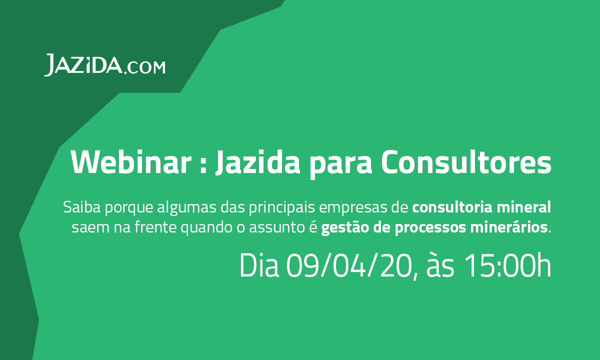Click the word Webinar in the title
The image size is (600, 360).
(131, 162)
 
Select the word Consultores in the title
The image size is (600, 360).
(465, 162)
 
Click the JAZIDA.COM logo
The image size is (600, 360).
(104, 65)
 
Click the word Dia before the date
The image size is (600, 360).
(258, 266)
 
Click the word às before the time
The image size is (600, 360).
(440, 266)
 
